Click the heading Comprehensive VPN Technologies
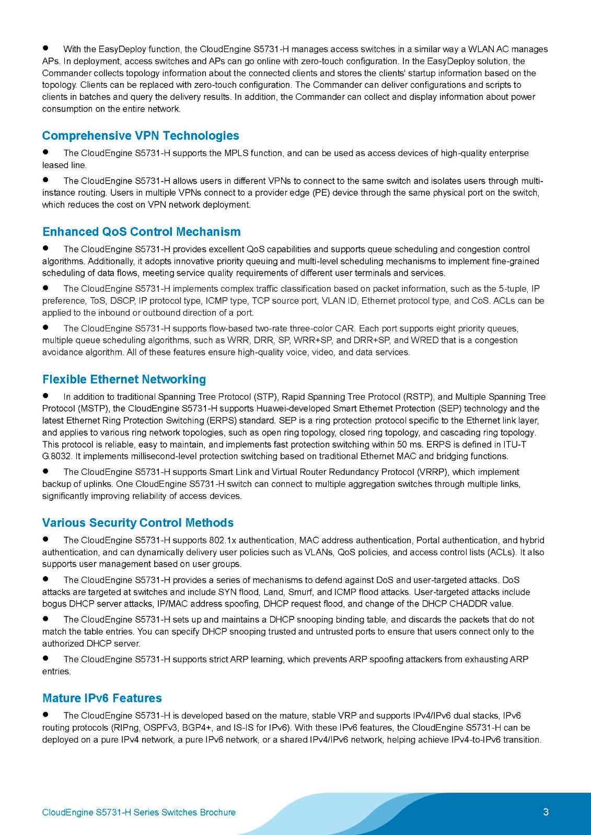(141, 136)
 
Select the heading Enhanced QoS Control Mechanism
(142, 232)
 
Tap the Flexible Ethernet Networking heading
(124, 379)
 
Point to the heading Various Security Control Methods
(138, 523)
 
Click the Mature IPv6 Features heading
(102, 698)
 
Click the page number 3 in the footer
(546, 812)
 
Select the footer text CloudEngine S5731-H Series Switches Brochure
(138, 813)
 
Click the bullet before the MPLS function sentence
(46, 153)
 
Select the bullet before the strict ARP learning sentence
(46, 659)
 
